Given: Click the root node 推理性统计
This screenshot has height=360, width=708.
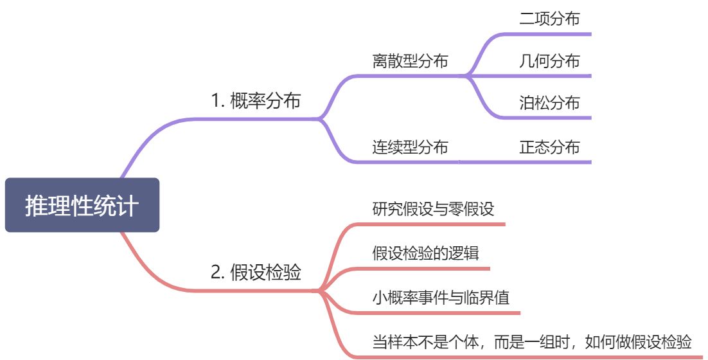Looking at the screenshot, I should click(82, 206).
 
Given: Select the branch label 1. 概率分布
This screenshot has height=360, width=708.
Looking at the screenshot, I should click(256, 101).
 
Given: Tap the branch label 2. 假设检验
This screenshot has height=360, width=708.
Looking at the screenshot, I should click(256, 273).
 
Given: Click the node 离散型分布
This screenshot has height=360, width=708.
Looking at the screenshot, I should click(410, 62).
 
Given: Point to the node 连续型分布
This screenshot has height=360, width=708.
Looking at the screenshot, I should click(410, 147).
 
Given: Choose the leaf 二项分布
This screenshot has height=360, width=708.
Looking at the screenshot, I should click(549, 19).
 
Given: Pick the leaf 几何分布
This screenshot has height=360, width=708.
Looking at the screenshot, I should click(549, 62).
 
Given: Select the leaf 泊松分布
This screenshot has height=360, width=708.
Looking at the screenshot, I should click(549, 104).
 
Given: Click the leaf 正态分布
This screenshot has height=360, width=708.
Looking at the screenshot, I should click(549, 147).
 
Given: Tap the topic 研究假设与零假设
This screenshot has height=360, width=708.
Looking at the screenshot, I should click(433, 209).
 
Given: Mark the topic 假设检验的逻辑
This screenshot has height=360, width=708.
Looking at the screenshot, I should click(425, 253).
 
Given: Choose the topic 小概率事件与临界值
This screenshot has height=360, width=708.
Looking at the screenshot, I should click(441, 298).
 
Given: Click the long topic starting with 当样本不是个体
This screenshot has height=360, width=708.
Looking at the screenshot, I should click(533, 341).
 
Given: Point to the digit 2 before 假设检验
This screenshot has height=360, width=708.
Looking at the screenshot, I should click(216, 273).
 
